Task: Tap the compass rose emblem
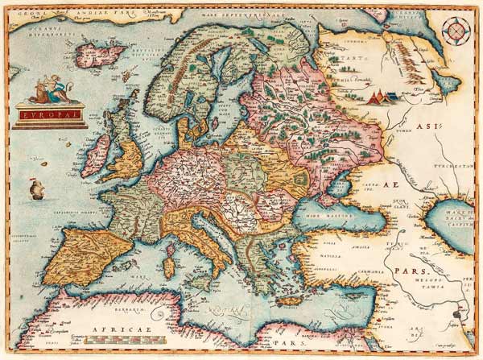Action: point(456,31)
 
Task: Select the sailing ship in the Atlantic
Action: point(35,190)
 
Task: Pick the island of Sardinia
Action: point(170,261)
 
